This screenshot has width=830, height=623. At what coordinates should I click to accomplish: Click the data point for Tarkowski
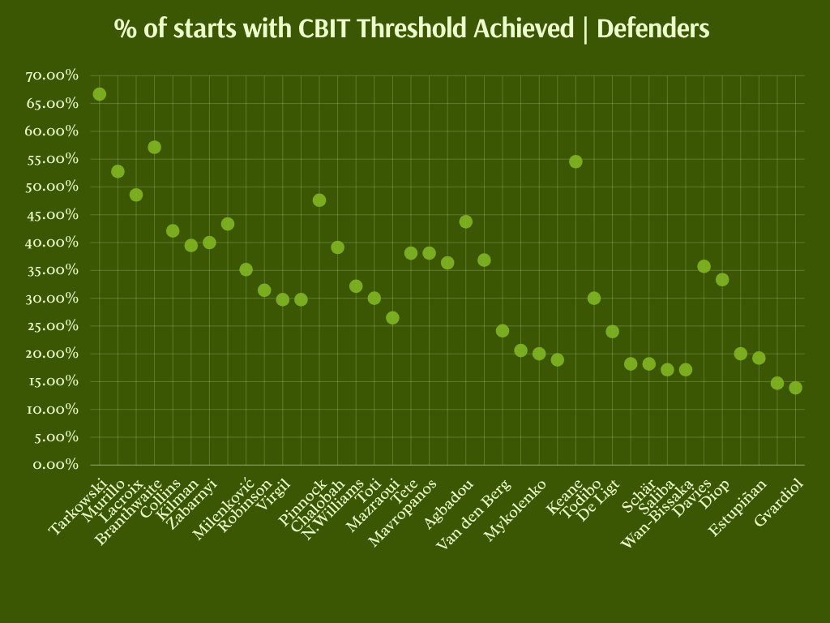click(99, 94)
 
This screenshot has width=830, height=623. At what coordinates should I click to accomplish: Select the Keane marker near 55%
click(575, 161)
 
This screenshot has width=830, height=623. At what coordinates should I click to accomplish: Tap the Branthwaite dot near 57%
click(154, 147)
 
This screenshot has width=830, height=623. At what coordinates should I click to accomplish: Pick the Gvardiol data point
click(795, 388)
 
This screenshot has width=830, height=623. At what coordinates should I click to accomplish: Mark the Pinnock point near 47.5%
click(319, 200)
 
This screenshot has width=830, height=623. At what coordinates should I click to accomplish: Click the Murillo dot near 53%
click(118, 171)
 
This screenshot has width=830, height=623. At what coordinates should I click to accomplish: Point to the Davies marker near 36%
click(704, 266)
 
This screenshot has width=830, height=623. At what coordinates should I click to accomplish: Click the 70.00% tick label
click(52, 75)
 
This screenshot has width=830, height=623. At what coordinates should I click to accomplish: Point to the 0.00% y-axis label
click(55, 465)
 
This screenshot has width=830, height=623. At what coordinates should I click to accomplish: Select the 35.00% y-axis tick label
click(52, 270)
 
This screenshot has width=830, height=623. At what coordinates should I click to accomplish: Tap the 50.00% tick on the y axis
click(52, 187)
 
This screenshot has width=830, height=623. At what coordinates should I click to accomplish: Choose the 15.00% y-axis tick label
click(52, 381)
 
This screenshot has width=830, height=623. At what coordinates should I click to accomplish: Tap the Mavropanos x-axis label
click(403, 513)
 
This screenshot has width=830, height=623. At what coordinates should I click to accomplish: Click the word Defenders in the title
click(652, 29)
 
